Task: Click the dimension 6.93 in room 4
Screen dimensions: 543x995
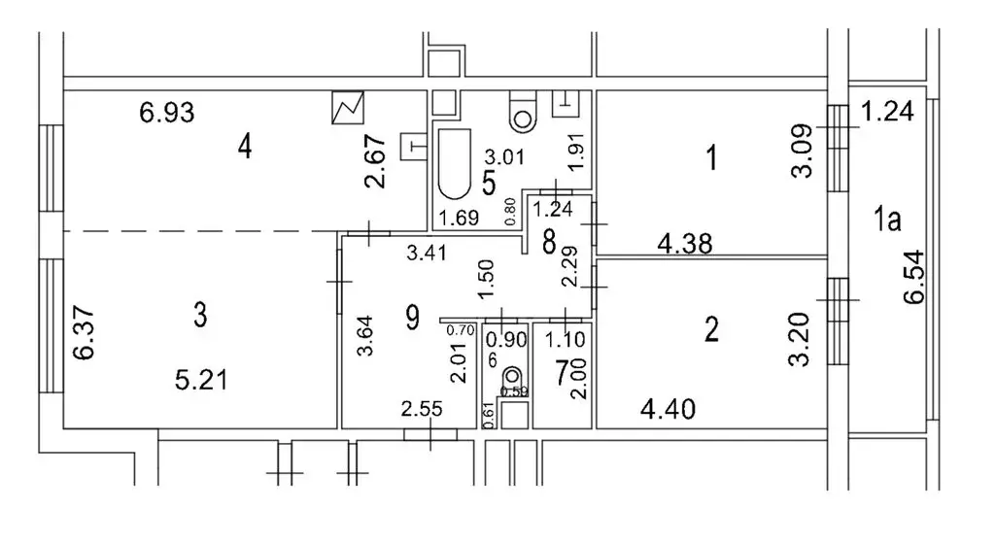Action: [x=167, y=114]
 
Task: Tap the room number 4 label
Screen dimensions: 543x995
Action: [x=245, y=148]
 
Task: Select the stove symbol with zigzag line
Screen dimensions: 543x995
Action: [x=347, y=108]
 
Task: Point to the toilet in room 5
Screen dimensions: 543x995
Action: [x=524, y=112]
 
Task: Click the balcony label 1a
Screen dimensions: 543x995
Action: [x=885, y=221]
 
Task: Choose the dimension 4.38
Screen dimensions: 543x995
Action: [x=686, y=245]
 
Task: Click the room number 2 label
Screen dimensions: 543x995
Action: [x=711, y=331]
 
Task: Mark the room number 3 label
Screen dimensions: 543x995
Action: [x=200, y=317]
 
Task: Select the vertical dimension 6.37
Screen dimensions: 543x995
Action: [x=84, y=332]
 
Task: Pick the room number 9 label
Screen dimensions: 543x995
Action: [x=411, y=318]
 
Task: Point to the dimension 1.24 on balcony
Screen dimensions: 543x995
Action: [x=888, y=112]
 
